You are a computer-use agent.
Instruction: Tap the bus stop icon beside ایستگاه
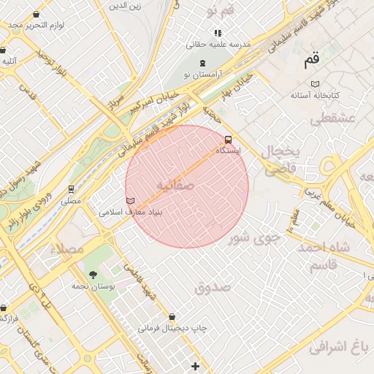tap(228, 139)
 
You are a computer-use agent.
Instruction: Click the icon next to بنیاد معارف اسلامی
tap(130, 201)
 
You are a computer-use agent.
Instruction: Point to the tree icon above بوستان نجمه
tap(93, 275)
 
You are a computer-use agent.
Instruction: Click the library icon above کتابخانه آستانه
tap(315, 84)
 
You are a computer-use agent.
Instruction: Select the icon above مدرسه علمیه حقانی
tap(217, 33)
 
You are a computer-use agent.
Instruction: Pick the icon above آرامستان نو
tap(202, 62)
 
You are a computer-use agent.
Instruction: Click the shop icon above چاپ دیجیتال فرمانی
tap(172, 316)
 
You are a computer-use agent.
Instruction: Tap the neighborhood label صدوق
tap(213, 287)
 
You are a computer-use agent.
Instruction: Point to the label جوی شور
tap(253, 237)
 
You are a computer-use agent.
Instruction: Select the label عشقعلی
tap(332, 118)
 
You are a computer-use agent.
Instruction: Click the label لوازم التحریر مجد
tap(38, 25)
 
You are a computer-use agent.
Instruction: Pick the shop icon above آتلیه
tap(3, 50)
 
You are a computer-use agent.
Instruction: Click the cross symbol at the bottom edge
tap(194, 365)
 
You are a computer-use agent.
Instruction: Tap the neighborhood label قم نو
tap(220, 10)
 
